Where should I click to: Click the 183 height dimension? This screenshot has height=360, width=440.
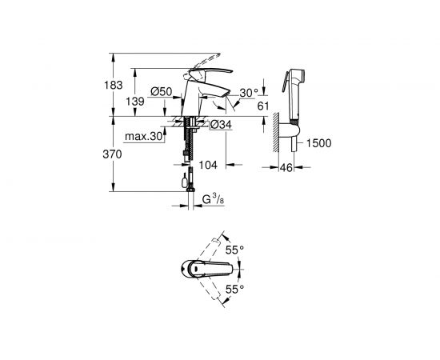pyautogui.click(x=118, y=84)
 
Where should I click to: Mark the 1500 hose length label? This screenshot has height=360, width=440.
pyautogui.click(x=318, y=143)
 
